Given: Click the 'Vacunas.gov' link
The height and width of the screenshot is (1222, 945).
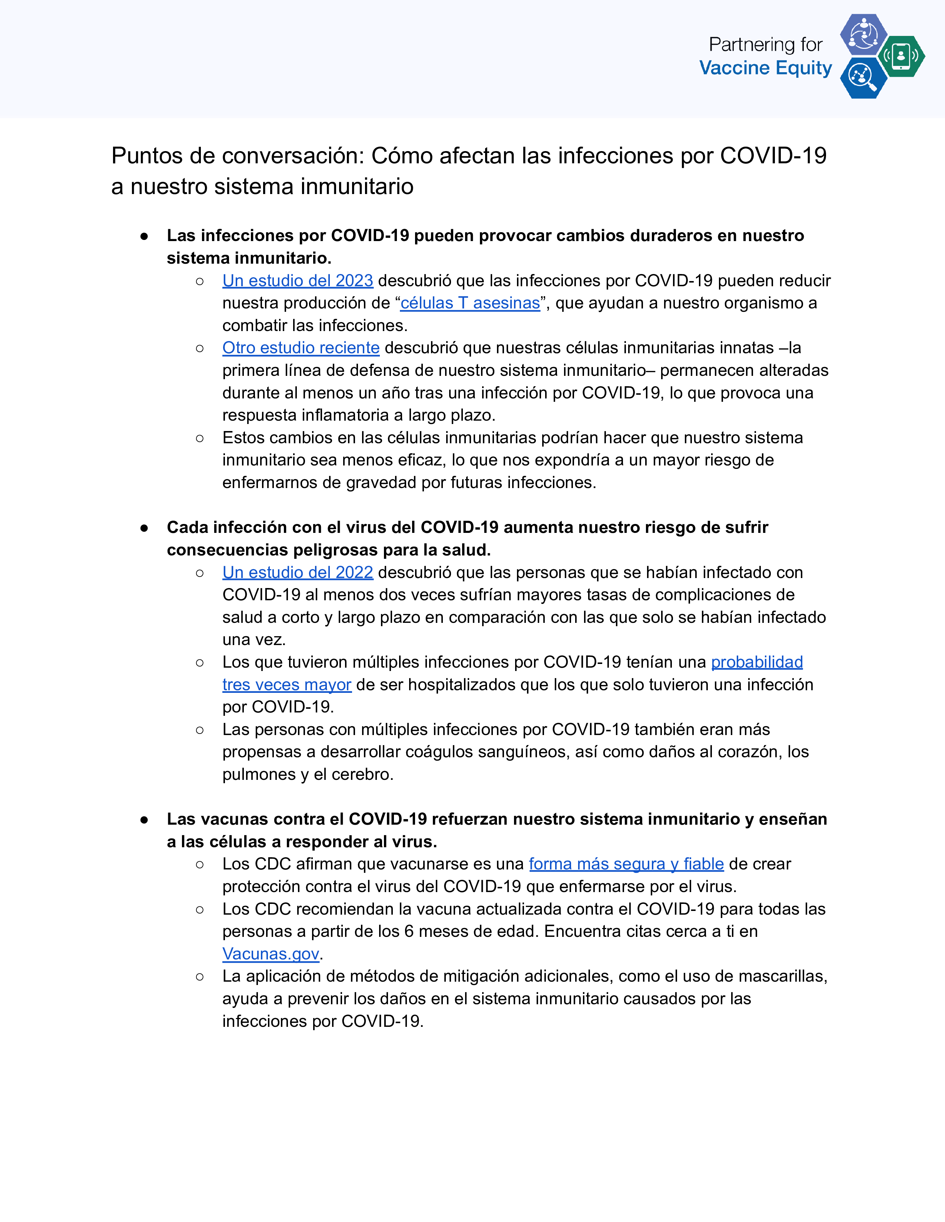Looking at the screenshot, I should [271, 954].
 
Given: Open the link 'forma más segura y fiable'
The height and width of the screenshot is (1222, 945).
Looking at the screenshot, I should [626, 864].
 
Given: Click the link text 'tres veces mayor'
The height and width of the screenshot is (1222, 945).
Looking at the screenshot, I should [286, 684].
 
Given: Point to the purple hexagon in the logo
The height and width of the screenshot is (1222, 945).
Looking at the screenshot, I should [863, 34].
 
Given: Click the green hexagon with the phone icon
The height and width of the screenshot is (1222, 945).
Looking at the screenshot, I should [901, 56].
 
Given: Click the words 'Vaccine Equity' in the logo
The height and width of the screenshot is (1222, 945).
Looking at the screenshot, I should [765, 68].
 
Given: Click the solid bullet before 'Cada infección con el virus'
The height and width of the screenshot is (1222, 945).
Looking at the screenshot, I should [145, 528].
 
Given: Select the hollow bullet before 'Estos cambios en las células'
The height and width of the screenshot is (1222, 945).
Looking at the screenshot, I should [200, 438].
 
